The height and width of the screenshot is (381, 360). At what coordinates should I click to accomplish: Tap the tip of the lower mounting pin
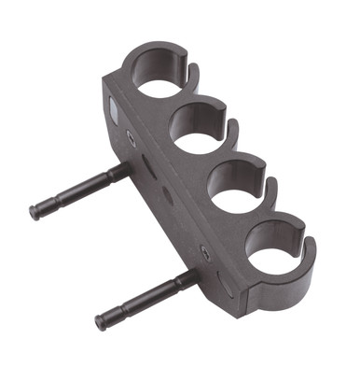102,323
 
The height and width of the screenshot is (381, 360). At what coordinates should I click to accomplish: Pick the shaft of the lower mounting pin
140,299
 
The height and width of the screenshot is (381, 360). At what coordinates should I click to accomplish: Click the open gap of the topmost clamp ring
194,69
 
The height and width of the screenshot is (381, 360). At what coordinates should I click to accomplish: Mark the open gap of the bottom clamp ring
309,245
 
